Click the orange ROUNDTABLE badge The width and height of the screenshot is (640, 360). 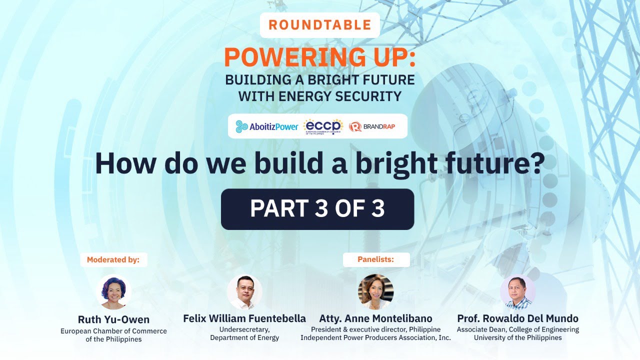[319, 24]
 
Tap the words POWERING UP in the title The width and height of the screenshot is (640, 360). [319, 57]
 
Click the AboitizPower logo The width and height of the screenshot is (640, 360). [267, 126]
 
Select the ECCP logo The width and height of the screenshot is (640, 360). [323, 126]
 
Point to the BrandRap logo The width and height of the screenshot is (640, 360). [372, 126]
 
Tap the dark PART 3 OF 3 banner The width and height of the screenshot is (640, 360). [317, 209]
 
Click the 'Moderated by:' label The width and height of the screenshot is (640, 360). [113, 259]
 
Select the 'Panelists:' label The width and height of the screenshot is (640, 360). [376, 259]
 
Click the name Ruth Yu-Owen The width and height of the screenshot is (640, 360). [113, 319]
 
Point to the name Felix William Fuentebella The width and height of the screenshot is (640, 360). [244, 318]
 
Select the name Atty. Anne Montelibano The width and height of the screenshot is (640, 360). [375, 318]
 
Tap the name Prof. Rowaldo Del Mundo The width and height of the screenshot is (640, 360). [517, 318]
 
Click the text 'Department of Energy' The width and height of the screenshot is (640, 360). [244, 337]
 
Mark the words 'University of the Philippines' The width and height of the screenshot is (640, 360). [517, 337]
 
